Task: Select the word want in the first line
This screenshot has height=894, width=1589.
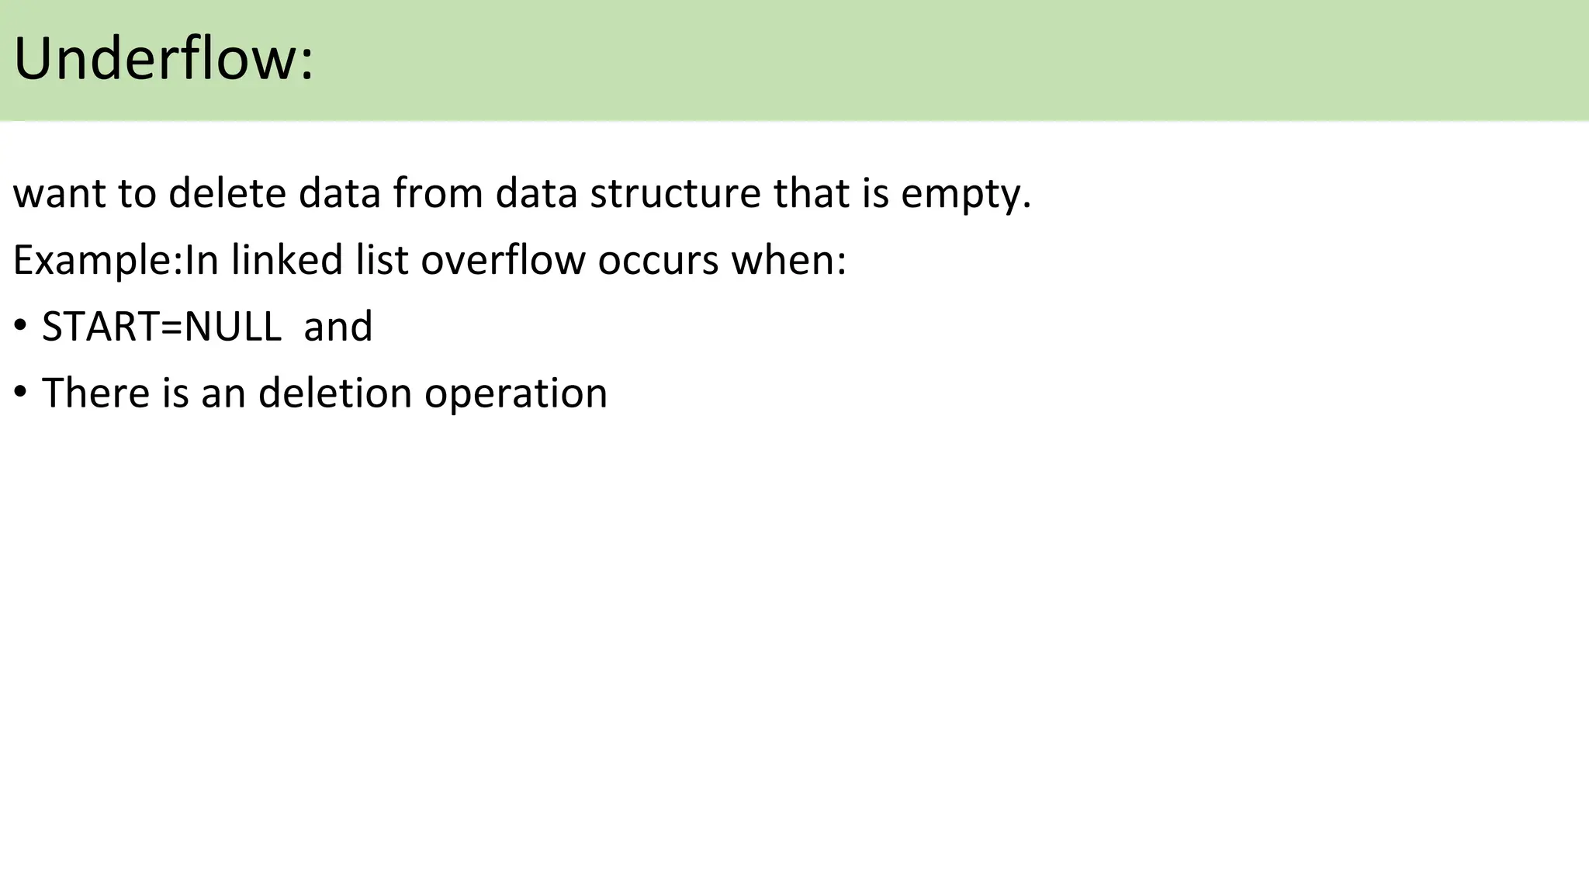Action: pyautogui.click(x=59, y=194)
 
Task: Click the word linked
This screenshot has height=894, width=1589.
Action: pyautogui.click(x=286, y=260)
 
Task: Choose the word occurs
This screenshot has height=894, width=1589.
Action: pyautogui.click(x=658, y=262)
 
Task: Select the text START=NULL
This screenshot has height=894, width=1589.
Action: pyautogui.click(x=161, y=327)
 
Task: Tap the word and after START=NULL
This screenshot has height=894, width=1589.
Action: pyautogui.click(x=338, y=327)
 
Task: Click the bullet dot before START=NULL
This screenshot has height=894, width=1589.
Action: pyautogui.click(x=20, y=324)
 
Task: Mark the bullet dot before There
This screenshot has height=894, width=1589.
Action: pyautogui.click(x=20, y=391)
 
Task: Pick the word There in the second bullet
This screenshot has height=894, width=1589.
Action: pyautogui.click(x=95, y=393)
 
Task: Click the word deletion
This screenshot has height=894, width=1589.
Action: pyautogui.click(x=335, y=393)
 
